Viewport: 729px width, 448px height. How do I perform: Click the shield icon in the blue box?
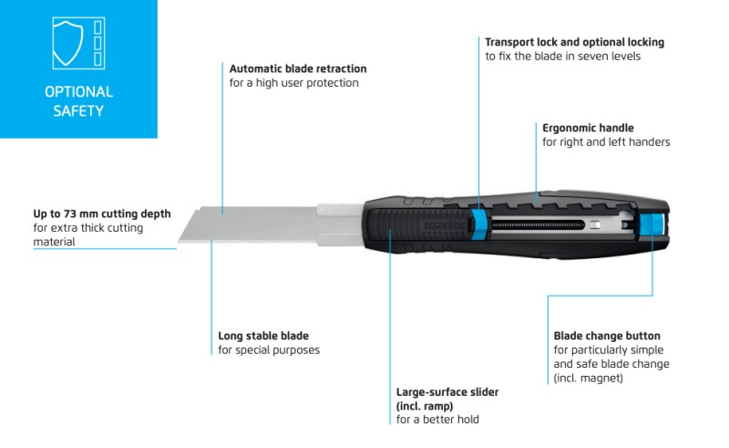coord(67,43)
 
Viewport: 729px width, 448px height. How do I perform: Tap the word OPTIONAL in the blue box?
coord(78,92)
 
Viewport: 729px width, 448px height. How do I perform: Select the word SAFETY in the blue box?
coord(78,110)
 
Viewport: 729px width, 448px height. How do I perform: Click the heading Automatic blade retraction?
coord(298,69)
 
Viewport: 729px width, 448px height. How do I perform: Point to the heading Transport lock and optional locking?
coord(575,42)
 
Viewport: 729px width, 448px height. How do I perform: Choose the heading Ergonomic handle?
coord(588,128)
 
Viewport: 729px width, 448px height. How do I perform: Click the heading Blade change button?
coord(607,336)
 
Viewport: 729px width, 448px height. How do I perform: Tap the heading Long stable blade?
coord(263,336)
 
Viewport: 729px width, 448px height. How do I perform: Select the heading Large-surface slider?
coord(447,392)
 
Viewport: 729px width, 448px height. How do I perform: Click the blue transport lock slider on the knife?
coord(479,221)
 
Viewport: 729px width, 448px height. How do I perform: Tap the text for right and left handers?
coord(606,142)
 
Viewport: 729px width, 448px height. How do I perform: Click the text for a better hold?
coord(437,420)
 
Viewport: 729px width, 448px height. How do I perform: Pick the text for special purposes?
coord(269,350)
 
